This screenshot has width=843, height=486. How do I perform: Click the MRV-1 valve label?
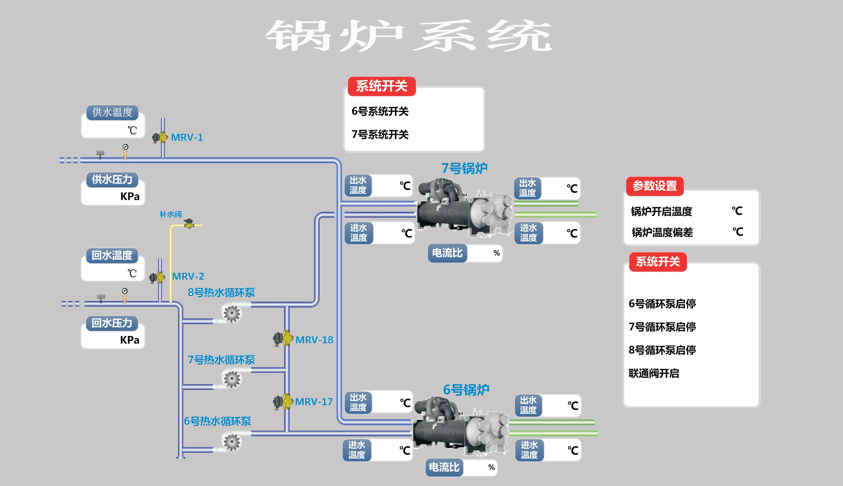click(187, 137)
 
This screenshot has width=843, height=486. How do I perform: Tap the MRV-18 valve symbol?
click(283, 338)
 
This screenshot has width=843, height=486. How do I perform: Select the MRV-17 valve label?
click(314, 402)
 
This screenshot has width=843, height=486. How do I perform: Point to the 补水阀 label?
click(170, 214)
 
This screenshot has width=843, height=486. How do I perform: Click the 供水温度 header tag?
click(112, 112)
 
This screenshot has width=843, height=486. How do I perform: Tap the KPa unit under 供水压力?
click(130, 196)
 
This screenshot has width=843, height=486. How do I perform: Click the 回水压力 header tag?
click(112, 323)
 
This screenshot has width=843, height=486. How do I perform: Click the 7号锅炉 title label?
click(464, 168)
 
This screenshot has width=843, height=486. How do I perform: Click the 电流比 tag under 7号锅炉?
click(447, 253)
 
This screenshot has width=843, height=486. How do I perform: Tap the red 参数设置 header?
click(654, 186)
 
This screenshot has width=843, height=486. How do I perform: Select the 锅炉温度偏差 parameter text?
click(662, 232)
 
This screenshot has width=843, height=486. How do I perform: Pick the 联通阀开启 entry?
click(654, 373)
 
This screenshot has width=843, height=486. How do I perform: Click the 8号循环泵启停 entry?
click(662, 350)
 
